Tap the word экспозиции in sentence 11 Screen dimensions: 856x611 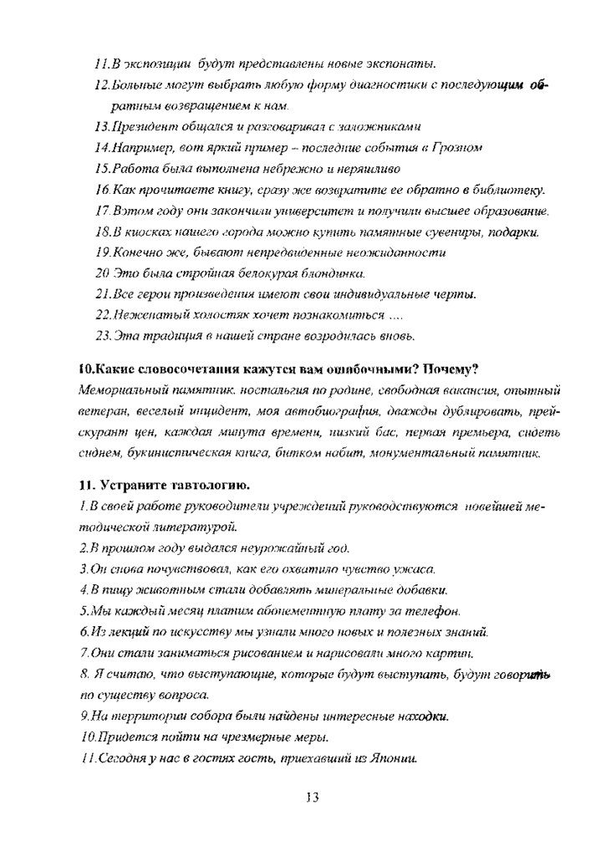(157, 64)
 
